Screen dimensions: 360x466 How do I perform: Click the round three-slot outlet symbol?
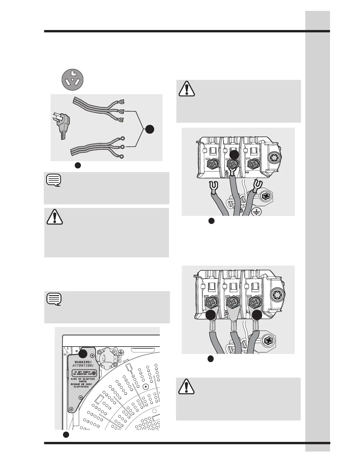click(72, 79)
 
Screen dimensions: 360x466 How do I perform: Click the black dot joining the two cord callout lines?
click(149, 129)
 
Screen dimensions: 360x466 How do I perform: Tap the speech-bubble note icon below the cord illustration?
click(54, 180)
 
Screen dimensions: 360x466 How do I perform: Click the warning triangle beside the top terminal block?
click(187, 88)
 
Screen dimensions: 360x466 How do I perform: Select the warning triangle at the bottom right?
click(187, 386)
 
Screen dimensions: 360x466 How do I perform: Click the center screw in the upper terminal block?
click(233, 164)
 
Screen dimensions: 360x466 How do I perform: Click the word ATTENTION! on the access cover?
click(83, 365)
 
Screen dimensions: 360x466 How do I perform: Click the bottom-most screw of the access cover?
click(71, 409)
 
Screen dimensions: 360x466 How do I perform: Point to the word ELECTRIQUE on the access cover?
click(81, 387)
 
